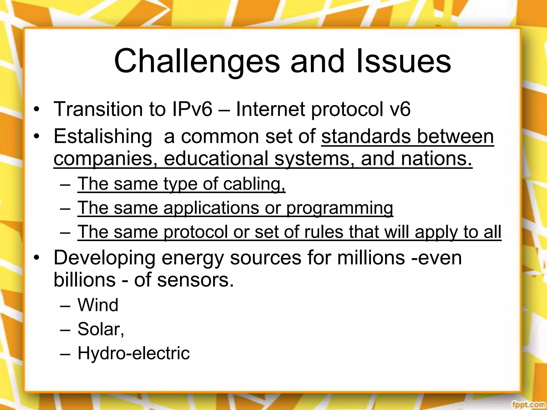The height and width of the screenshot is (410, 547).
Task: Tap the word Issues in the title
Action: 403,61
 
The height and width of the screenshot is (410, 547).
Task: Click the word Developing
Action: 104,258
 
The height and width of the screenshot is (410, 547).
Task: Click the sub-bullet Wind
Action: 98,305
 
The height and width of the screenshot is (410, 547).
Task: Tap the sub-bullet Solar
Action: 100,329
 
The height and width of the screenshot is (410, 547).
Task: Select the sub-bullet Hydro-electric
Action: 133,353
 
